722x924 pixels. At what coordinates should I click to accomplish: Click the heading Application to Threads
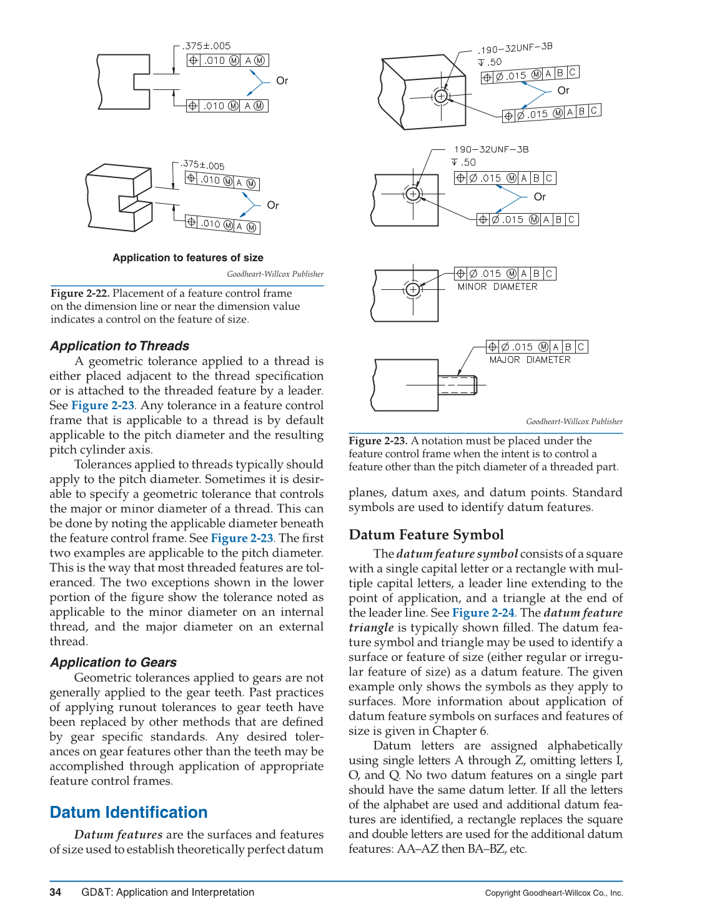point(119,345)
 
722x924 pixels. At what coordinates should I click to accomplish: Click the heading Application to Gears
point(113,662)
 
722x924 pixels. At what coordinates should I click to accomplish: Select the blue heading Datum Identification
point(128,812)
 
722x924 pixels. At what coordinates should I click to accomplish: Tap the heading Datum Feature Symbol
point(426,535)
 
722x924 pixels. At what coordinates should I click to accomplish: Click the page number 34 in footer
point(55,892)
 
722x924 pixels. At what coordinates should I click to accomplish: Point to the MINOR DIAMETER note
point(497,287)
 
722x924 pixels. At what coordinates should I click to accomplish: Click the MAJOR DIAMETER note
point(530,360)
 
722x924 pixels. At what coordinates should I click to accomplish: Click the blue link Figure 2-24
point(483,613)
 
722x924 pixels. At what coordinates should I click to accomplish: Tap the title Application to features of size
point(188,257)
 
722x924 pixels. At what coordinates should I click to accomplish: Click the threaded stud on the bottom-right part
point(458,385)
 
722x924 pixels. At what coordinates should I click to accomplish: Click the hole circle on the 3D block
point(441,96)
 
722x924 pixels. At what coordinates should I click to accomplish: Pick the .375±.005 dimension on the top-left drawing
point(207,46)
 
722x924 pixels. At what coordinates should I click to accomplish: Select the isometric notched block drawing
point(119,197)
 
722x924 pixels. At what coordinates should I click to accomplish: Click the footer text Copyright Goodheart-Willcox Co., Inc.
point(553,893)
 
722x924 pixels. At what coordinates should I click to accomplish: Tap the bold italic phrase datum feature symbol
point(457,554)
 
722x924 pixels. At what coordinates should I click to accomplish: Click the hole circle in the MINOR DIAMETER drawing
point(412,289)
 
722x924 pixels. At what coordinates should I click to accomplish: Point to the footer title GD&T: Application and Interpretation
point(167,892)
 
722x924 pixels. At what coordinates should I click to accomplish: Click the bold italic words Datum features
point(118,835)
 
